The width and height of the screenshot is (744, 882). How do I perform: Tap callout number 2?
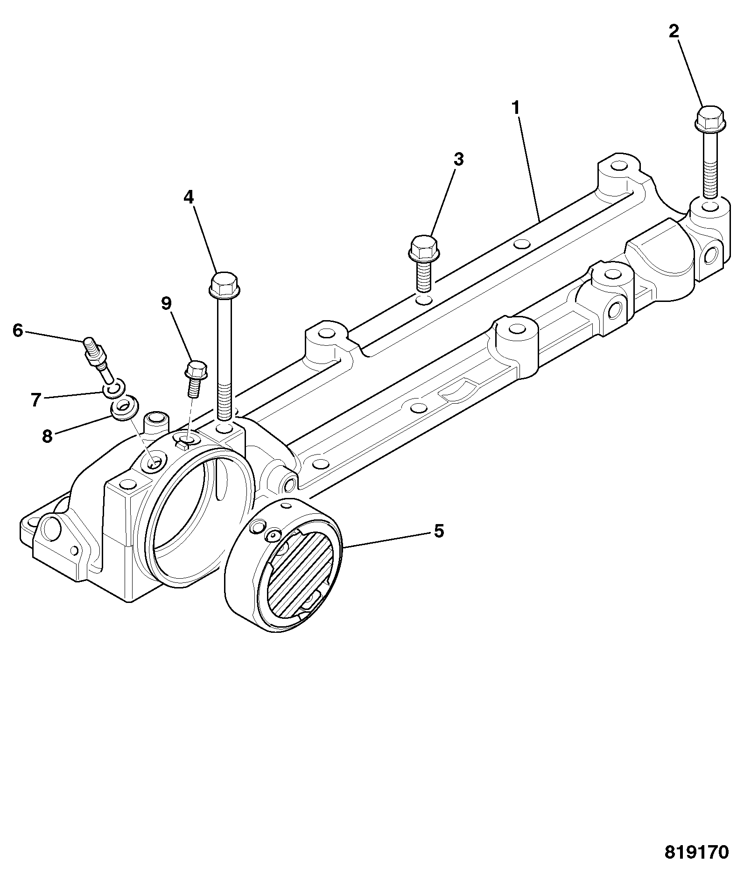pyautogui.click(x=674, y=32)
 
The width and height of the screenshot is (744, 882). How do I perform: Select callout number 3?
pyautogui.click(x=459, y=159)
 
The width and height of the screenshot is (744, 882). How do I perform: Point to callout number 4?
pyautogui.click(x=188, y=197)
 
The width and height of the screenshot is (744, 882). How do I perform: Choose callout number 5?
pyautogui.click(x=439, y=531)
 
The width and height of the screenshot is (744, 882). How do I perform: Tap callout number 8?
pyautogui.click(x=47, y=436)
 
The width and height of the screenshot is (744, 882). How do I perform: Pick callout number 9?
pyautogui.click(x=166, y=303)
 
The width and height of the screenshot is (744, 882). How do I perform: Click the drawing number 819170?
pyautogui.click(x=696, y=852)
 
